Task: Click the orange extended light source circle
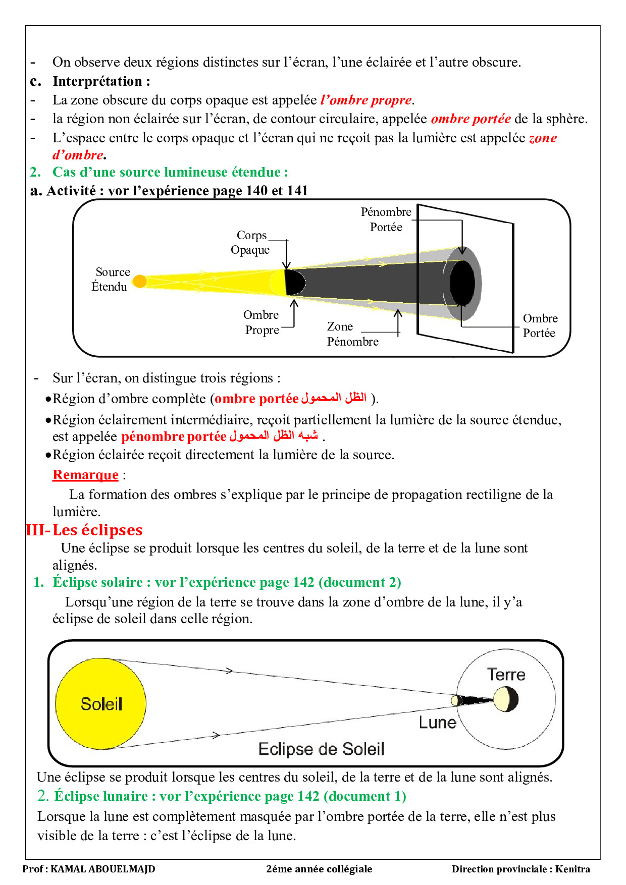click(140, 281)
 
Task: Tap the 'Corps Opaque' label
click(251, 243)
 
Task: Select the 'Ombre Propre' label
click(262, 322)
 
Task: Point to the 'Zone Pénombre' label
click(352, 334)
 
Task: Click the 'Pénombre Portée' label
click(386, 219)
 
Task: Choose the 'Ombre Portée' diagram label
click(540, 325)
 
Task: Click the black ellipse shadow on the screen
click(462, 283)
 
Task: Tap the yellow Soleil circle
click(101, 704)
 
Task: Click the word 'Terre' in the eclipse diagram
click(506, 675)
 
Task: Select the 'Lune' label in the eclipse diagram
click(437, 723)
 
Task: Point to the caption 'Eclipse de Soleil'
click(321, 749)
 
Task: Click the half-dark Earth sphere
click(506, 700)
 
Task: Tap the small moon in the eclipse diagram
click(456, 700)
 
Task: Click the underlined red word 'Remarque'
click(85, 475)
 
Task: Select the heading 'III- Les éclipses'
click(84, 530)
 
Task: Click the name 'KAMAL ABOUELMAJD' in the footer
click(103, 869)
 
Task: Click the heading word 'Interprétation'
click(97, 81)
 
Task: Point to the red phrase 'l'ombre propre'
click(366, 100)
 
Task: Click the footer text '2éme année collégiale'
click(319, 869)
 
